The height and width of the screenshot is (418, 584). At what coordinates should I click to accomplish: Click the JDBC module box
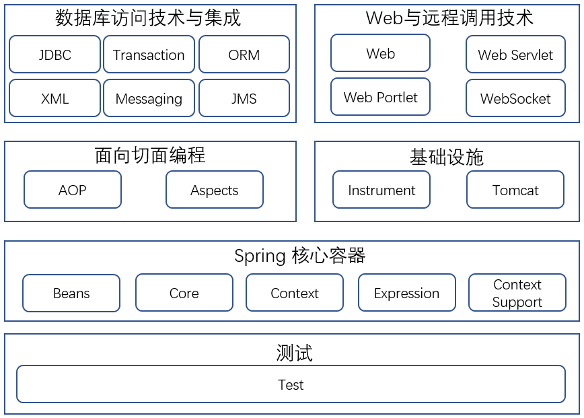54,55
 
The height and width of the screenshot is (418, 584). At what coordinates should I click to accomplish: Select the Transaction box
149,55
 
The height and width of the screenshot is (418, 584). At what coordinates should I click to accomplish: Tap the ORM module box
244,55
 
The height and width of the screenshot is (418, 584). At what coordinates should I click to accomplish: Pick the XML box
54,98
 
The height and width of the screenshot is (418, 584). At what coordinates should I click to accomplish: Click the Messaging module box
149,98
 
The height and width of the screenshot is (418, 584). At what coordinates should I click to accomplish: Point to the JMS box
244,98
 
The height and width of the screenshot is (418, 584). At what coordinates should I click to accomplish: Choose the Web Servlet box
516,55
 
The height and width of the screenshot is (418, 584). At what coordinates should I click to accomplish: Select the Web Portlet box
381,97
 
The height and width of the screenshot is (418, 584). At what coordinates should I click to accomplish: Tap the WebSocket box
516,98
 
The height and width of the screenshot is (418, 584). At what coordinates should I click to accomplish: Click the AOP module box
73,190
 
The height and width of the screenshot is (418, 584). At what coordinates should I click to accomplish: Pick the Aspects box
215,190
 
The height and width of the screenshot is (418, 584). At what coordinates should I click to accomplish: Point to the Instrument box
381,190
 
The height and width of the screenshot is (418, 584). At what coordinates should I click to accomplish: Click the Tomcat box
515,190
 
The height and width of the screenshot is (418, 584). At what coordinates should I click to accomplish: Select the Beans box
71,293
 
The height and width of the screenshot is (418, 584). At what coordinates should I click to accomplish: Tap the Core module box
184,293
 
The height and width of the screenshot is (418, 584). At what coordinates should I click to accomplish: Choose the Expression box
407,293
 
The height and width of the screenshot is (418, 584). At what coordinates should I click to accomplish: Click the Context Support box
517,293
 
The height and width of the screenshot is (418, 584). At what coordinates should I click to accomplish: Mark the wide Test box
291,384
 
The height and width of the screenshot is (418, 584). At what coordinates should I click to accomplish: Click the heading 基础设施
447,157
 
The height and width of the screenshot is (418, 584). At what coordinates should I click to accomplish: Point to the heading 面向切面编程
150,155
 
